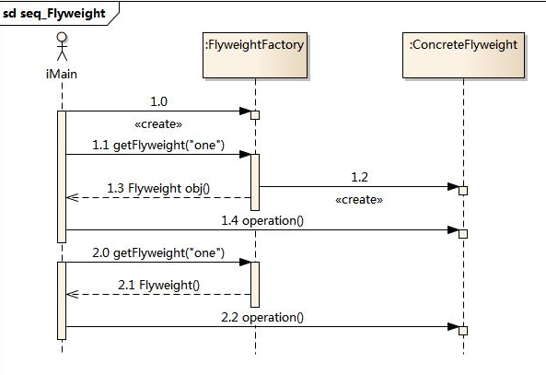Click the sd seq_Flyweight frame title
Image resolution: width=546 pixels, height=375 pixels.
(53, 14)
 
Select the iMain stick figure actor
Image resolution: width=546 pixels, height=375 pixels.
(62, 46)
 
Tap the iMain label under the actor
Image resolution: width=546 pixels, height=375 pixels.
(62, 74)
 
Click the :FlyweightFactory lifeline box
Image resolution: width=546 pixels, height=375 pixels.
(255, 55)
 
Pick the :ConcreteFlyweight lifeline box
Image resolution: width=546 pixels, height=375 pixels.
(463, 55)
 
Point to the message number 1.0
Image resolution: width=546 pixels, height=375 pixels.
(158, 101)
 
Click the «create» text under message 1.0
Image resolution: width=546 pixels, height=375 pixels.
(158, 124)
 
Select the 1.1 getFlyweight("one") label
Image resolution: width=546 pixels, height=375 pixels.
(158, 145)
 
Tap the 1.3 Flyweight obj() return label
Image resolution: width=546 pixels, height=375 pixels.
(158, 188)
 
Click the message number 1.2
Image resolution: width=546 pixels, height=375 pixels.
(359, 177)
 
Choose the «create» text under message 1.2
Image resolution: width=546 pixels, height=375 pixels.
(359, 200)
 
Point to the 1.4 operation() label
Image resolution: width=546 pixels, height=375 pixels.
(262, 220)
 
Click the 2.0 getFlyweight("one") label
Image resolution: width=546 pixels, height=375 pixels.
(158, 252)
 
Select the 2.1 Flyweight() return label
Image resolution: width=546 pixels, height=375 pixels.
(158, 285)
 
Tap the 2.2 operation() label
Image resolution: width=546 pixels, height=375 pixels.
(262, 318)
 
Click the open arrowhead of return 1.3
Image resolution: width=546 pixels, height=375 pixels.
(72, 197)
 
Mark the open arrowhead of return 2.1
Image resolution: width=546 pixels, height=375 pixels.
(72, 295)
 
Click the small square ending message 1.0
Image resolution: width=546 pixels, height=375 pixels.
(255, 115)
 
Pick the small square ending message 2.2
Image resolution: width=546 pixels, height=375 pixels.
(463, 331)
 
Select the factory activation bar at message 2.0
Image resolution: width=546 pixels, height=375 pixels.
(255, 285)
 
